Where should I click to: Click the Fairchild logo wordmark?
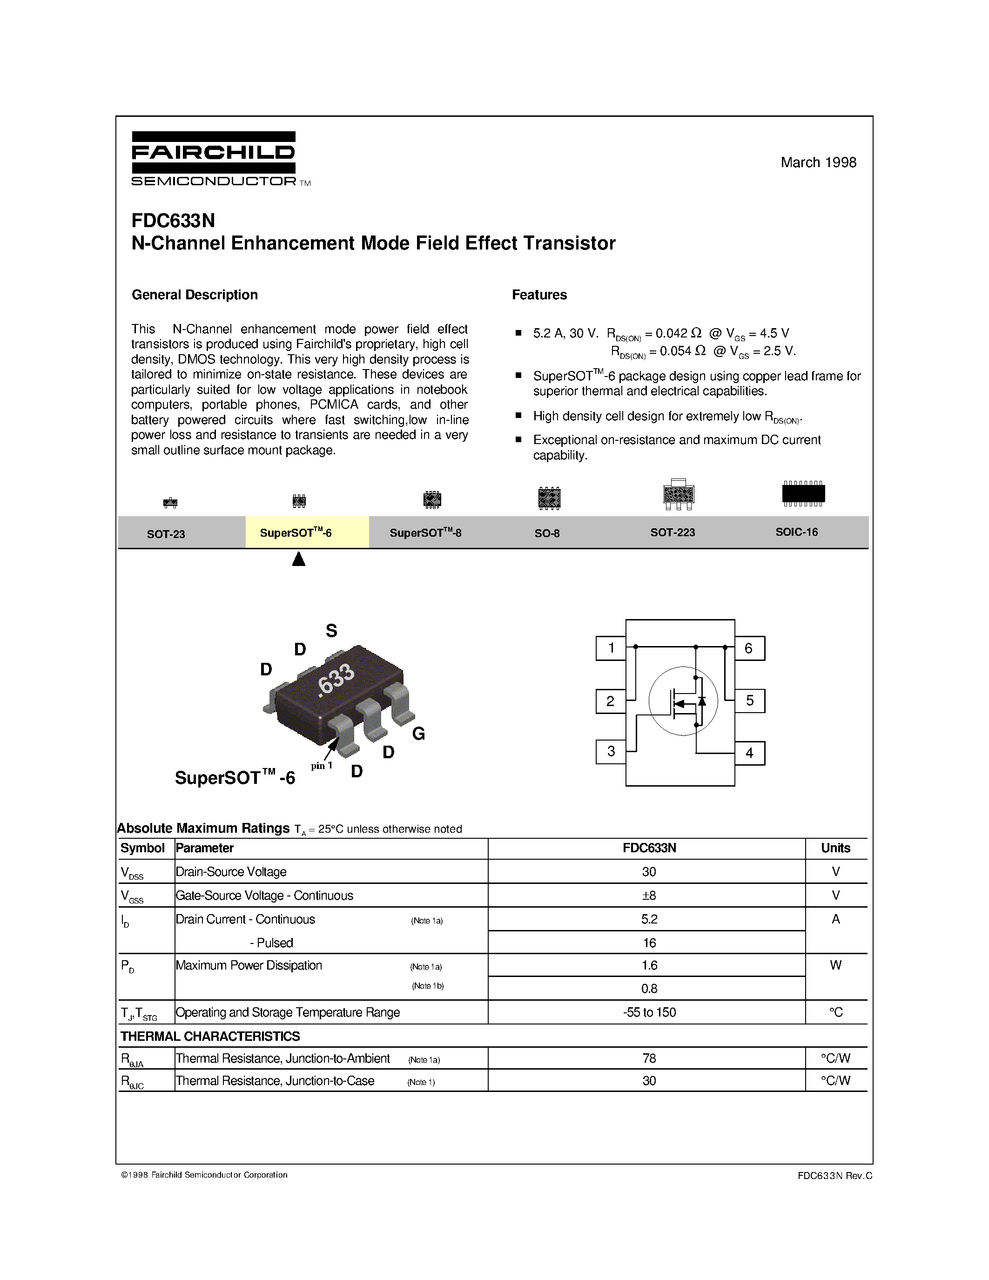(213, 153)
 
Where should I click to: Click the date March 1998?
(818, 162)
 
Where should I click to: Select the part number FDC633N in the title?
(174, 220)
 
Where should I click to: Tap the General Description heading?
(195, 295)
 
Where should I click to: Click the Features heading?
(539, 295)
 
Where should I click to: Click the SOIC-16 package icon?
(803, 493)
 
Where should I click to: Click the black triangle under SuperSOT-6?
(299, 559)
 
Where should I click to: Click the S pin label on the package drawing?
(332, 631)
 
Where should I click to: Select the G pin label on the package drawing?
(418, 734)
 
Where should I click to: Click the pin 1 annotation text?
(322, 765)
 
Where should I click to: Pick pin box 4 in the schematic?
(749, 753)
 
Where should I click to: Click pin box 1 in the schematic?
(611, 648)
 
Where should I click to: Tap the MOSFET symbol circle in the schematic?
(683, 701)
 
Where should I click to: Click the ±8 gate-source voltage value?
(649, 896)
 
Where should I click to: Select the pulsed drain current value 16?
(649, 943)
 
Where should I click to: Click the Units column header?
(835, 848)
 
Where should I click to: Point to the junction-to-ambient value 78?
(649, 1058)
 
